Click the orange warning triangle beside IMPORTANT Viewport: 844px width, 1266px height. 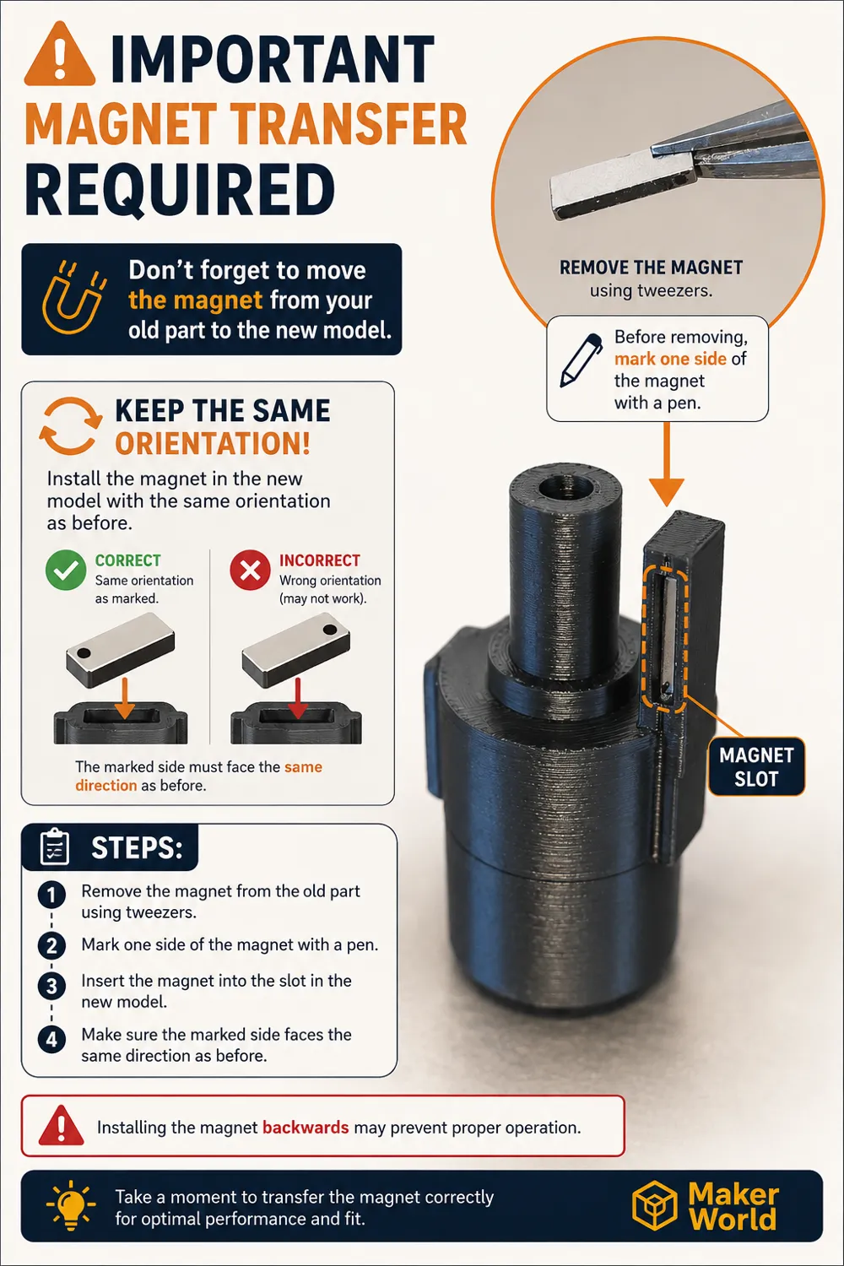(x=59, y=54)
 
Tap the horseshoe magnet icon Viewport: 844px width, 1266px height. (x=73, y=298)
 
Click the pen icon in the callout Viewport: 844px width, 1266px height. (x=581, y=360)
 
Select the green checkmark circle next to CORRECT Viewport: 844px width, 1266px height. (x=66, y=570)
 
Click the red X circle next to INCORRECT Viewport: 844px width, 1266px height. (x=250, y=570)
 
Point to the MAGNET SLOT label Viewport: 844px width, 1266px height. (x=756, y=766)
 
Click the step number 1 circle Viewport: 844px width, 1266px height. (x=51, y=895)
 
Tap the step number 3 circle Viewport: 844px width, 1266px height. (x=51, y=987)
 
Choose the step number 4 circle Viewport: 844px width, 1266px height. (x=51, y=1039)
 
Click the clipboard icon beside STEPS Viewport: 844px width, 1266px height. (x=55, y=847)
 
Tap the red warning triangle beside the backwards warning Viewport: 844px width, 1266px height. (x=61, y=1125)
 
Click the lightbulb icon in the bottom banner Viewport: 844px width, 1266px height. (x=71, y=1205)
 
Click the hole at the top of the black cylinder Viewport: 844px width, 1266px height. (x=566, y=486)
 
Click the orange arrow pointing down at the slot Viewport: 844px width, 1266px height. (x=667, y=463)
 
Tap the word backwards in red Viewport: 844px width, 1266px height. (x=306, y=1128)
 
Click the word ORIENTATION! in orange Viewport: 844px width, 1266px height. (x=213, y=443)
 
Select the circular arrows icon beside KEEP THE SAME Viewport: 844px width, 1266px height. (x=71, y=425)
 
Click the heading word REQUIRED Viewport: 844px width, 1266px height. (x=180, y=190)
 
